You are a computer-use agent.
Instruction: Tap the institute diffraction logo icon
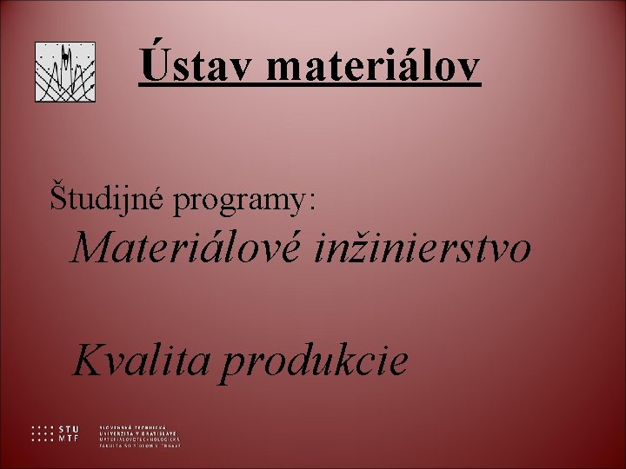65,72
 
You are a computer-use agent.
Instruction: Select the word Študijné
109,198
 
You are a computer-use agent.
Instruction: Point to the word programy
238,201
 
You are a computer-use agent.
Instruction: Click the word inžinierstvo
423,249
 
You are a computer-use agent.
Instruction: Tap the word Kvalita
140,359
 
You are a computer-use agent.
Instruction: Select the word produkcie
313,361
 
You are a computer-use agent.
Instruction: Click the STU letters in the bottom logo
69,429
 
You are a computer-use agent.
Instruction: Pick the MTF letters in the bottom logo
69,438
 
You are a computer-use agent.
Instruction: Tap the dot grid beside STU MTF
42,433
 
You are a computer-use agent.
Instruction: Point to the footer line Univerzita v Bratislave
138,433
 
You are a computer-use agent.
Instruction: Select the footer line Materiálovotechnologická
140,439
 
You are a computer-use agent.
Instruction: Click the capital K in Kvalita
90,359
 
